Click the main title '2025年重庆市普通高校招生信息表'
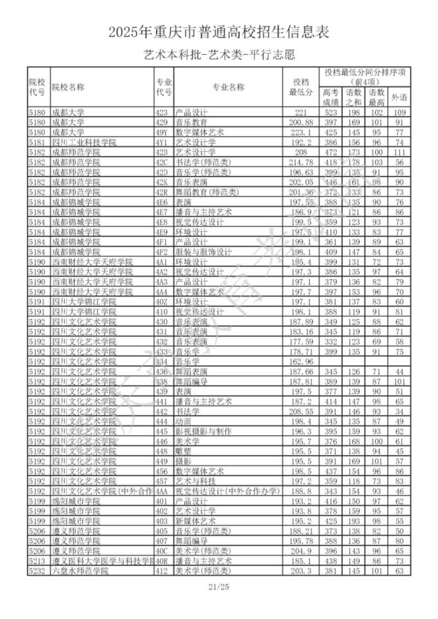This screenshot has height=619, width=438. [219, 32]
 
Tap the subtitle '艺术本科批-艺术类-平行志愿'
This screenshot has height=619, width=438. [219, 55]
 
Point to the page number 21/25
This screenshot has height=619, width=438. [219, 587]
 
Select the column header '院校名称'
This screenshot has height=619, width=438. [68, 87]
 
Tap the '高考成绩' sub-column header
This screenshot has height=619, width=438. [331, 97]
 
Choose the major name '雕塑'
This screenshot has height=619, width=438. [183, 451]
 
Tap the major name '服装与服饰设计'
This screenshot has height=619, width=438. [204, 252]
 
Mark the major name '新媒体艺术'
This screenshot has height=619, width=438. [196, 521]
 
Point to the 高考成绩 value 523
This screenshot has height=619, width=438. [331, 113]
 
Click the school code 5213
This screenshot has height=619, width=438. [38, 561]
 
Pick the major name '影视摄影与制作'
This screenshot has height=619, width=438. [204, 431]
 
